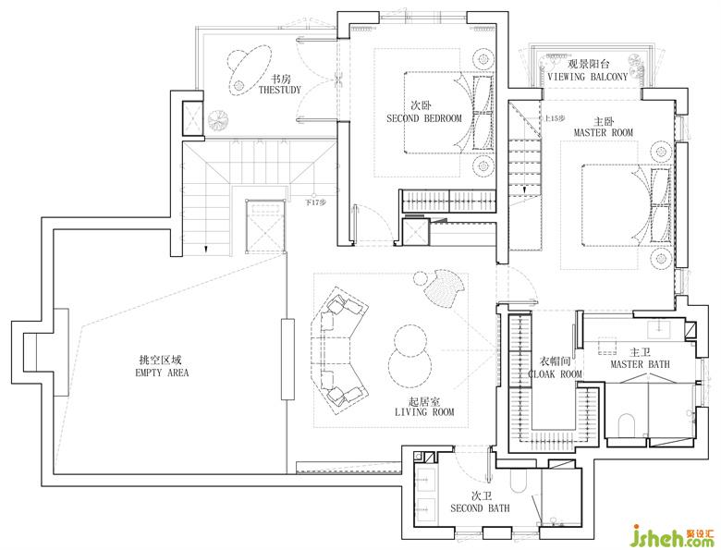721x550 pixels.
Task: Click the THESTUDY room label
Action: pyautogui.click(x=279, y=90)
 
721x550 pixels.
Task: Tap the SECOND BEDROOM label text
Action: pyautogui.click(x=424, y=118)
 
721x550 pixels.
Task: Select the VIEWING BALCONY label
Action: pyautogui.click(x=587, y=77)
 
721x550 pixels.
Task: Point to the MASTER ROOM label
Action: pyautogui.click(x=604, y=132)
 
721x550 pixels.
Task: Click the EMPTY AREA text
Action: pyautogui.click(x=162, y=373)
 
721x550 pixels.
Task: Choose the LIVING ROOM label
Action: pyautogui.click(x=424, y=412)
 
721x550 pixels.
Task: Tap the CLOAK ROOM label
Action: pyautogui.click(x=555, y=374)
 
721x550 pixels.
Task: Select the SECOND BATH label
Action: pyautogui.click(x=480, y=508)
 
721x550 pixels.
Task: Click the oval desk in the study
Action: pyautogui.click(x=249, y=70)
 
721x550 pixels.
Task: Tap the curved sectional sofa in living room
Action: pyautogui.click(x=339, y=351)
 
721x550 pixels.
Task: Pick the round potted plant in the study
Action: pyautogui.click(x=218, y=121)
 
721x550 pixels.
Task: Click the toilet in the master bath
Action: pyautogui.click(x=627, y=425)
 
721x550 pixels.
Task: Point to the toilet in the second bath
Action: pyautogui.click(x=519, y=481)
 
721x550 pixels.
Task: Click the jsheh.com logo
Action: pyautogui.click(x=674, y=536)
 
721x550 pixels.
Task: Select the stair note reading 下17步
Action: pyautogui.click(x=316, y=202)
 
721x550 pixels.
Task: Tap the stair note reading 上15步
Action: pyautogui.click(x=554, y=118)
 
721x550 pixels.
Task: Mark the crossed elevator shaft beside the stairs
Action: pyautogui.click(x=265, y=226)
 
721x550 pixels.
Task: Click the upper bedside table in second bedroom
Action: pyautogui.click(x=483, y=59)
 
